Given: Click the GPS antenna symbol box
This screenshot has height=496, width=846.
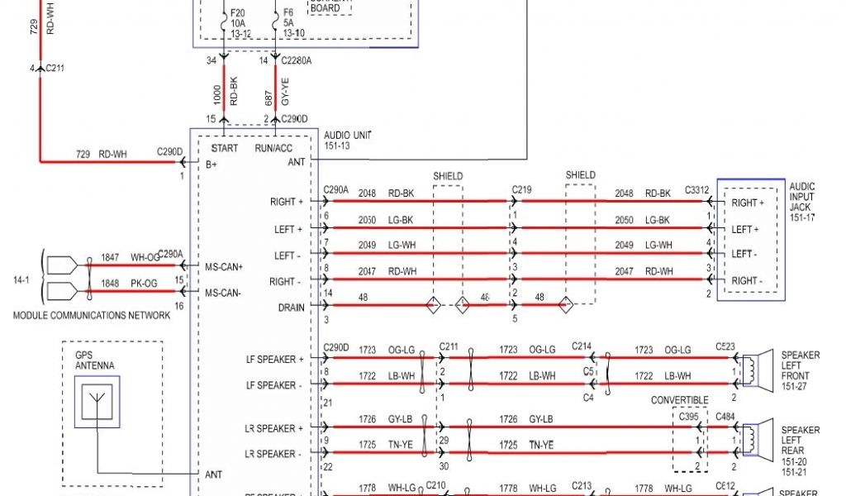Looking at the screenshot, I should (x=97, y=402).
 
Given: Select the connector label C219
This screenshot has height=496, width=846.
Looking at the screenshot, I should (x=520, y=189).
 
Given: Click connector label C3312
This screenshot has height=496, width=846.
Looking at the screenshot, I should (x=696, y=189).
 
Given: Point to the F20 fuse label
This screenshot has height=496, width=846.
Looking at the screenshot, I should (x=238, y=13).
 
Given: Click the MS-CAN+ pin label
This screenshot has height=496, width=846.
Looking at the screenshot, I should (x=225, y=266).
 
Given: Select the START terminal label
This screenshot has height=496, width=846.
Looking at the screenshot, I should (x=225, y=149).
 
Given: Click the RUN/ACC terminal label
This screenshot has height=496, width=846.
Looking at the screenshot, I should (x=274, y=149).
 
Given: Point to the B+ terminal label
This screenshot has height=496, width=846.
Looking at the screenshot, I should (x=212, y=165).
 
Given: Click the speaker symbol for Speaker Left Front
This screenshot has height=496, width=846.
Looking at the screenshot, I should (x=755, y=369).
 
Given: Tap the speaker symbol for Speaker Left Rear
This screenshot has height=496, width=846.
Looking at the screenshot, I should (x=755, y=438).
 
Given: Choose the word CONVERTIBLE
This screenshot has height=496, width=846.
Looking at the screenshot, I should (x=680, y=400).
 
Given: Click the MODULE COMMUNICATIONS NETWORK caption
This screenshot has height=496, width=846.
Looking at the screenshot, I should (x=92, y=316).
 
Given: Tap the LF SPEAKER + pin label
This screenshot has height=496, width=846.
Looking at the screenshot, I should (x=274, y=359).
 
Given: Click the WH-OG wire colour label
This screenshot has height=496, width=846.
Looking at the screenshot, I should (x=144, y=258).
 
